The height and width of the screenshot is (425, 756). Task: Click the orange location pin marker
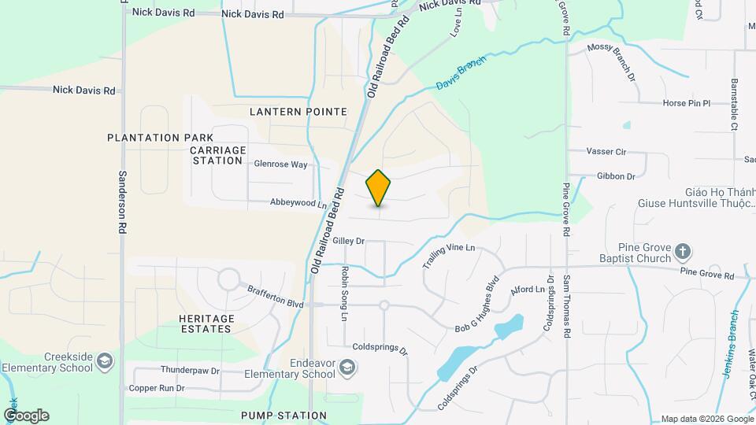pos(379,188)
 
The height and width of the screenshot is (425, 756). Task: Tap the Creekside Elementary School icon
pos(104,362)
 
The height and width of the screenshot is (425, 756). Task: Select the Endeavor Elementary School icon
pos(346,368)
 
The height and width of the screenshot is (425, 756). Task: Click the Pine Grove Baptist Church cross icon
pos(683,253)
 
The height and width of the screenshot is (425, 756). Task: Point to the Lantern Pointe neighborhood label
pos(298,112)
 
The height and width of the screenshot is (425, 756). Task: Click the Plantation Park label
pos(161,138)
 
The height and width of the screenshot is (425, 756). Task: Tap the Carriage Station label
pos(218,155)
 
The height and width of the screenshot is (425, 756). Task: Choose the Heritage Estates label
pos(200,323)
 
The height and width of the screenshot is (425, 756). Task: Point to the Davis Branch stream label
pos(461,72)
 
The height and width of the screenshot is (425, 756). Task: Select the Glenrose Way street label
pos(280,164)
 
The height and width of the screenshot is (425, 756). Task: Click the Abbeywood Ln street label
pos(298,203)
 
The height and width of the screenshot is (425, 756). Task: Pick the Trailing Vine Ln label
pos(450,257)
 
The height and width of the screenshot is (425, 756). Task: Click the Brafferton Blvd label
pos(275,297)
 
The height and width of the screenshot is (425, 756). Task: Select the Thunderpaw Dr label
pos(183,369)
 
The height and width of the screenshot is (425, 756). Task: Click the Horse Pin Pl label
pos(686,103)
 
